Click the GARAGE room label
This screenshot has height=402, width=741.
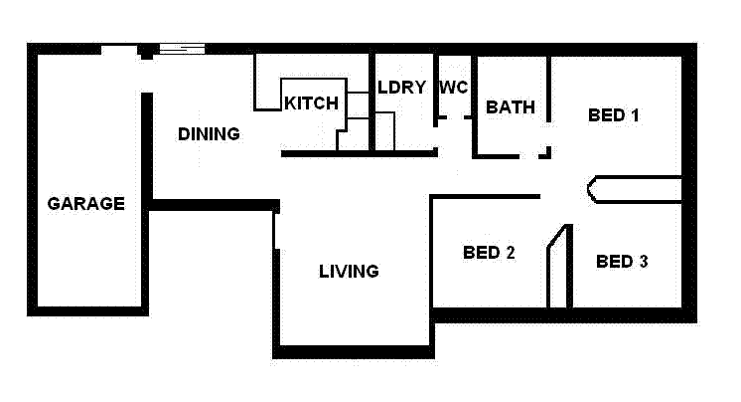pos(86,204)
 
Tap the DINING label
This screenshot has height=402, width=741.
pos(209,134)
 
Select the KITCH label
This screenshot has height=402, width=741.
pos(312,103)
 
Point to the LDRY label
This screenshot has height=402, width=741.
pos(402,87)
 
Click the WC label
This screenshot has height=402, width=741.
pos(453,87)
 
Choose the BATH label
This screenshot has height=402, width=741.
pos(511,107)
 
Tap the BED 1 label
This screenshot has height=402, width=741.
pos(614,115)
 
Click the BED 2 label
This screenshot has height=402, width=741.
pos(489,253)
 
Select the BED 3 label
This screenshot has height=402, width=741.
pos(622,262)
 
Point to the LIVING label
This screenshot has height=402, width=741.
pos(349,271)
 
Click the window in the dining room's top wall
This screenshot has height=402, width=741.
pos(182,49)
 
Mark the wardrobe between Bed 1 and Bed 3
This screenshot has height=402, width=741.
pos(636,189)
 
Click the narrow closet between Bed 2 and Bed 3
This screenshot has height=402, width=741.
pos(558,267)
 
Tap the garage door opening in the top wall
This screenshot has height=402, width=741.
pos(119,49)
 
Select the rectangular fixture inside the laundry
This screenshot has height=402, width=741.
pos(384,131)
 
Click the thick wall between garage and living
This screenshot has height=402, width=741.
pos(214,205)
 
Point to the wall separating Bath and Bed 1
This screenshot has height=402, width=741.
pos(548,100)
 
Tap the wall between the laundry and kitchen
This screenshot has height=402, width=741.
pos(372,100)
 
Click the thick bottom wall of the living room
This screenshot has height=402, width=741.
pos(353,351)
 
